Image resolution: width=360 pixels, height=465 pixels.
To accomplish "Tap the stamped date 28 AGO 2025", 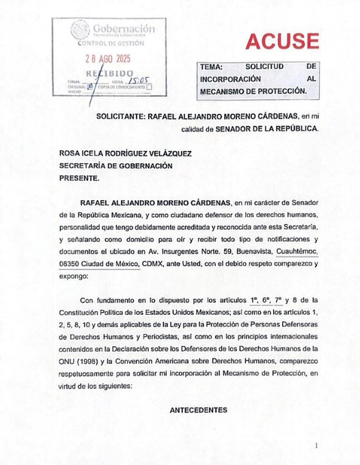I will point(109,59).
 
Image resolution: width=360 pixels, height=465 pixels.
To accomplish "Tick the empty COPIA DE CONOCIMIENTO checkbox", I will point(150,87).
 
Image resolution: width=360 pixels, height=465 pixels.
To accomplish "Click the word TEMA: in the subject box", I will point(212,68).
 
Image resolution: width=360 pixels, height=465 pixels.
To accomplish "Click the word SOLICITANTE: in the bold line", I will point(121,117).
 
